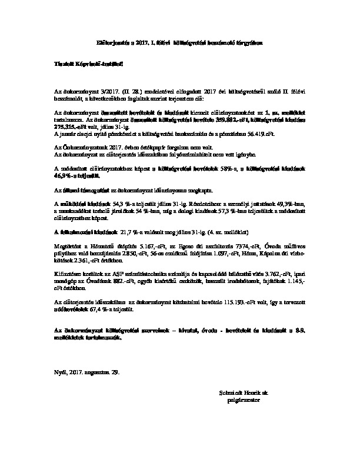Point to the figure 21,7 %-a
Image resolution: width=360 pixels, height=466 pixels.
133,225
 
